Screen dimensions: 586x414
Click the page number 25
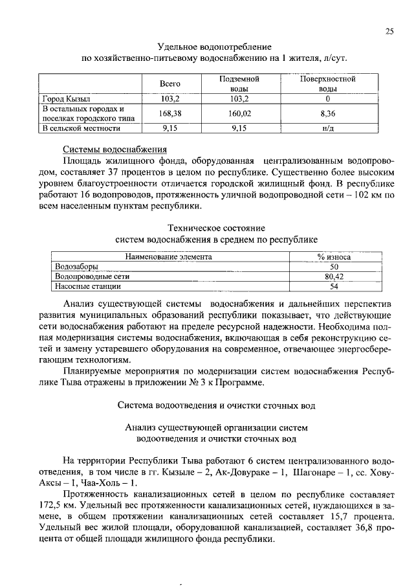[x=389, y=30]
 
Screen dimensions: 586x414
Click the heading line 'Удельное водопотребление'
[x=214, y=47]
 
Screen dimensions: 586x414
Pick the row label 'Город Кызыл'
[x=66, y=99]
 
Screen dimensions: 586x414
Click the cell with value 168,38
[x=169, y=113]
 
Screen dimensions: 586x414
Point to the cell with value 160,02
[x=239, y=113]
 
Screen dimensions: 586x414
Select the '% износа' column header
[x=334, y=256]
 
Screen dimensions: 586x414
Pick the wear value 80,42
[x=334, y=275]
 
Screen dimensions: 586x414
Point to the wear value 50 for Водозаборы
[x=334, y=266]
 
